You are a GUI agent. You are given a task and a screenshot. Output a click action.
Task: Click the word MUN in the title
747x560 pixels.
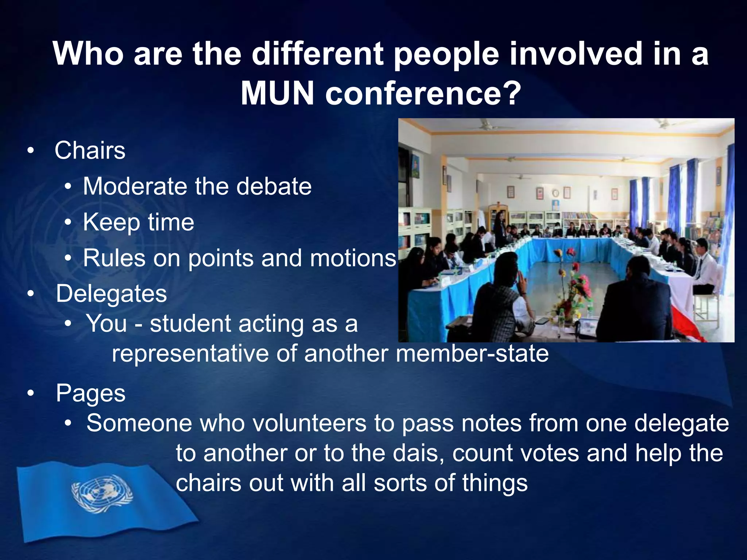pos(277,93)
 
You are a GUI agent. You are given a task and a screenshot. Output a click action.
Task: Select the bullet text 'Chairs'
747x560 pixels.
pos(90,150)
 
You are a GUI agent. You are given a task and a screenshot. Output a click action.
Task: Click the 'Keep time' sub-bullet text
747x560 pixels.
pos(138,222)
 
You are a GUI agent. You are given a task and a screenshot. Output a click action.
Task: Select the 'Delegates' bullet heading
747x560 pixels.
pos(111,294)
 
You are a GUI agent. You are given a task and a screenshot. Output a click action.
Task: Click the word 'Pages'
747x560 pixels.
pos(90,393)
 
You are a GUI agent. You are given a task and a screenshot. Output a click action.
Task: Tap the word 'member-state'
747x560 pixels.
pos(472,353)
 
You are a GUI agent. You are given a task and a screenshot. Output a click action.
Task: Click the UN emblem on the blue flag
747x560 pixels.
pos(102,493)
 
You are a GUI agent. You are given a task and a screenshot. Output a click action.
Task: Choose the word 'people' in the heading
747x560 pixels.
pos(446,54)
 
